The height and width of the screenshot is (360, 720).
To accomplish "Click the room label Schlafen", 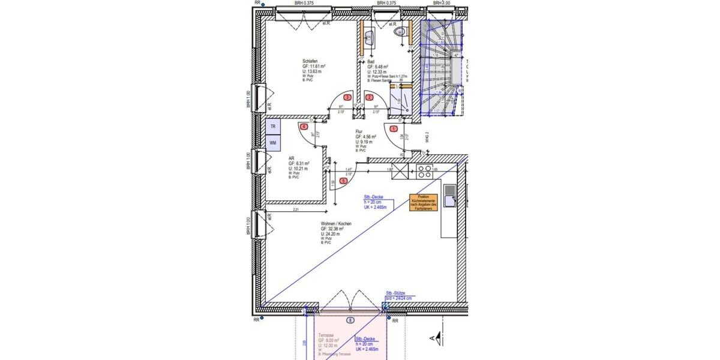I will click(x=310, y=61).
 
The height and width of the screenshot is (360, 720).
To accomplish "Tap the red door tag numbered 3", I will click(x=347, y=97).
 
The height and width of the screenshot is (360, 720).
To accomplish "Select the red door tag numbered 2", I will click(x=370, y=97).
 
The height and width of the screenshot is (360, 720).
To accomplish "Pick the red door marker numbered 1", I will click(x=394, y=128).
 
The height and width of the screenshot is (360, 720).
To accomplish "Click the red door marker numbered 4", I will click(x=304, y=127).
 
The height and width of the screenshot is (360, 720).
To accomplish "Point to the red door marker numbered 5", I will click(x=343, y=180).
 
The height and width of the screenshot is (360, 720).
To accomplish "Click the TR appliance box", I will click(x=273, y=127).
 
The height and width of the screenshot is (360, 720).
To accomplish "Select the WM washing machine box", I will click(x=273, y=143).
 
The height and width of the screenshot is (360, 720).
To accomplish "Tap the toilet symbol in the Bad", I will click(x=401, y=33).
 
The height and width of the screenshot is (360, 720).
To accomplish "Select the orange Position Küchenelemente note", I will click(x=422, y=202).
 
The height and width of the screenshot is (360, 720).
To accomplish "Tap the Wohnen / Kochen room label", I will click(x=336, y=224).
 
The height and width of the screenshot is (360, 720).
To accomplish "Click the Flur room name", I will click(x=359, y=131).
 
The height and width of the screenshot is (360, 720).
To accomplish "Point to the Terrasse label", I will click(x=326, y=335).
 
